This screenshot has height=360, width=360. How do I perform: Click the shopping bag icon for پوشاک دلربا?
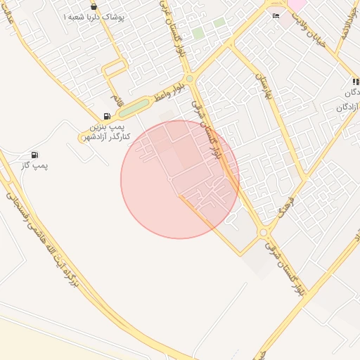click(x=94, y=6)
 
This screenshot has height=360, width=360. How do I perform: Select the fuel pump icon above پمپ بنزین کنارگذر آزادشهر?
click(x=107, y=116)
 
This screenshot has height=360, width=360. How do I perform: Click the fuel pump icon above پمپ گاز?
click(x=34, y=155)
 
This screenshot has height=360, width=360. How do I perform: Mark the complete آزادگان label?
click(x=348, y=106)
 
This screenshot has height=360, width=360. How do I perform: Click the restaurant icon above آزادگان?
click(x=356, y=82)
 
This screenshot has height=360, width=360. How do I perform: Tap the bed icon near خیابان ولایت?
click(x=276, y=15)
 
